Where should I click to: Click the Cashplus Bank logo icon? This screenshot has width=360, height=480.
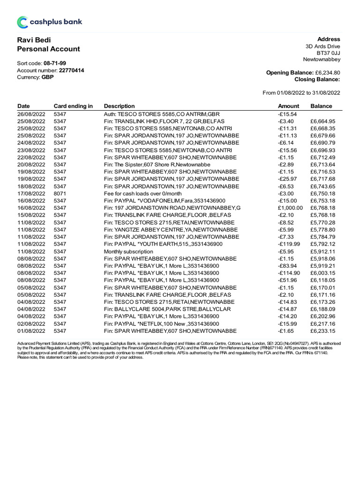pyautogui.click(x=22, y=22)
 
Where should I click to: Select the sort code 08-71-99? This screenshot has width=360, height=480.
pyautogui.click(x=55, y=63)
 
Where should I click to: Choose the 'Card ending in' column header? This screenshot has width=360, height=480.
pyautogui.click(x=73, y=106)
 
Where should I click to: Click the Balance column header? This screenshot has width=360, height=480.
pyautogui.click(x=321, y=106)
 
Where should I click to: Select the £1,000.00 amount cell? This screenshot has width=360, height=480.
pyautogui.click(x=290, y=208)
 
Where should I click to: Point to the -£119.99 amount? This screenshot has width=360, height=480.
pyautogui.click(x=288, y=244)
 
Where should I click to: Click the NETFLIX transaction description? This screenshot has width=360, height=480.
pyautogui.click(x=161, y=324)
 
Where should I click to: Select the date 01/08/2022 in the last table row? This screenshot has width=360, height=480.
pyautogui.click(x=31, y=331)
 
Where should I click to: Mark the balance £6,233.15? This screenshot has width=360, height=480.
pyautogui.click(x=322, y=331)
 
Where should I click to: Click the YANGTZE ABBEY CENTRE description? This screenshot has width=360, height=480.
pyautogui.click(x=171, y=229)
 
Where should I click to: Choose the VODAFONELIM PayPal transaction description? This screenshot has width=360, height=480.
pyautogui.click(x=165, y=201)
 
